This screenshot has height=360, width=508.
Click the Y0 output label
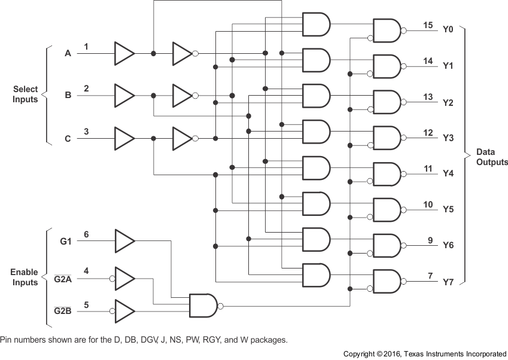point(448,29)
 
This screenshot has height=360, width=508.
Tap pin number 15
point(427,25)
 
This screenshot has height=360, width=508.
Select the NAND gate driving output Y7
point(387,281)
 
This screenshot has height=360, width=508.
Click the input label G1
point(66,242)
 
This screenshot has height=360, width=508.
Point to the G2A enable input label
point(62,279)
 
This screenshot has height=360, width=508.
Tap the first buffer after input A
point(124,53)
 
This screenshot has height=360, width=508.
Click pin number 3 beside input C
point(86,132)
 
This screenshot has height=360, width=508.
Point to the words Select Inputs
point(25,94)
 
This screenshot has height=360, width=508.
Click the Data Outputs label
point(492,157)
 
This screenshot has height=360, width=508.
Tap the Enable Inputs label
point(25,277)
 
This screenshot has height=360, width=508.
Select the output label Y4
point(448,174)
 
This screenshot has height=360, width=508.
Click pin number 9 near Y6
point(430,240)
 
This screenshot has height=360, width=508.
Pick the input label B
point(68,95)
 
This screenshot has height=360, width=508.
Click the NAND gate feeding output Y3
point(387,138)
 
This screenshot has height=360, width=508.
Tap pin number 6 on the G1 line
point(86,234)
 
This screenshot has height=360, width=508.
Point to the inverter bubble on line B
point(195,95)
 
